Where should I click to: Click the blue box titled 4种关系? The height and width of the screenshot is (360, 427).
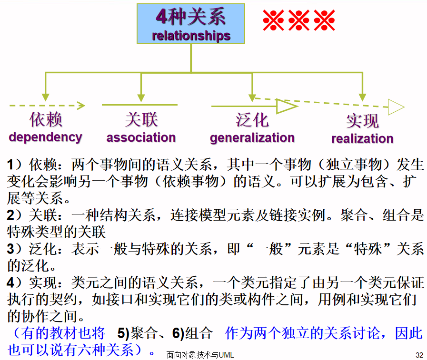tap(191, 24)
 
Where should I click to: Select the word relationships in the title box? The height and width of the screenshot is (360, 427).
tap(191, 36)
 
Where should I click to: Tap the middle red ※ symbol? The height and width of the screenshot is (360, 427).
tap(299, 20)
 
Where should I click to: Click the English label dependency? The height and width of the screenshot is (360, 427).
tap(45, 137)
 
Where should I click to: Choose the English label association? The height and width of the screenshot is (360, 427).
tap(141, 138)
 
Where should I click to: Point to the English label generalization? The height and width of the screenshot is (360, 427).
tap(252, 138)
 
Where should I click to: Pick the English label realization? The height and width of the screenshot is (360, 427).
tap(362, 139)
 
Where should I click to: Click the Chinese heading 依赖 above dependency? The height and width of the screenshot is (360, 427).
tap(46, 120)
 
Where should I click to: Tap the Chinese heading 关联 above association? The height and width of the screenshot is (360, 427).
tap(141, 120)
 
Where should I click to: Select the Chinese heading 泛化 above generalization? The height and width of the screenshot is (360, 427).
tap(252, 120)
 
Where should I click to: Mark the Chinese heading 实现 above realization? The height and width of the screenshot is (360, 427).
tap(362, 121)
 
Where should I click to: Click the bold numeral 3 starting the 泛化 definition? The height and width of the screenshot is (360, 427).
tap(11, 248)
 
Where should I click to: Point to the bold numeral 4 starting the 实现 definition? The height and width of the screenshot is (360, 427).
tap(11, 283)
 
